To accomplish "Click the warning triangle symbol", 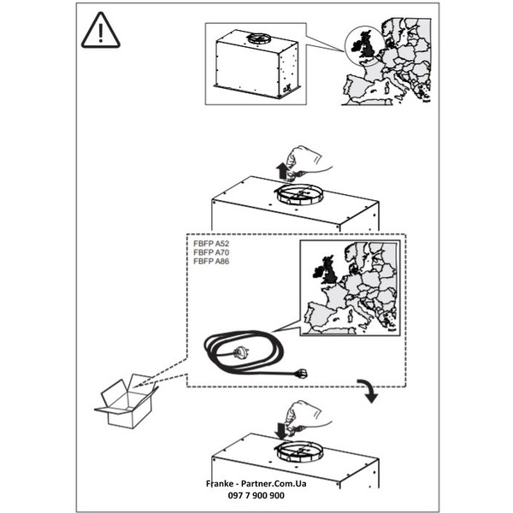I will (102, 32).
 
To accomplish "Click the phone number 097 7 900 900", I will (256, 496).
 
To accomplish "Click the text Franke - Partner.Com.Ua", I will (256, 484).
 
